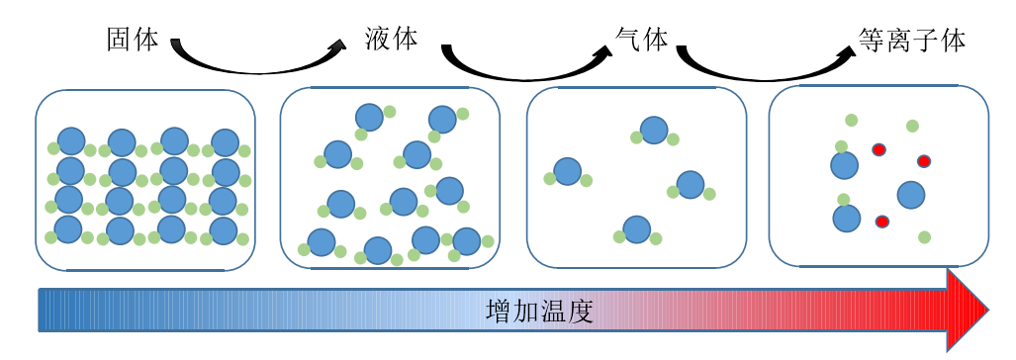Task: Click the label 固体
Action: click(x=133, y=40)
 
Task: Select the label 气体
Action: click(x=642, y=40)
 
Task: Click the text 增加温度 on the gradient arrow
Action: click(x=539, y=312)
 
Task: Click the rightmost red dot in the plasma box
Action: click(x=924, y=161)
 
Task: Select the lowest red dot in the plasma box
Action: click(x=881, y=222)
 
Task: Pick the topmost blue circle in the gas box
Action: click(x=654, y=130)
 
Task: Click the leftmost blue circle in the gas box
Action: click(x=567, y=171)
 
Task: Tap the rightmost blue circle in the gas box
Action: click(x=691, y=184)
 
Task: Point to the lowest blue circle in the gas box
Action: click(x=637, y=229)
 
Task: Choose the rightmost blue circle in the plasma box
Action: click(x=910, y=194)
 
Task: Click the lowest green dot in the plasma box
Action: click(x=924, y=237)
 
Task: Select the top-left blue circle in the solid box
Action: click(x=71, y=141)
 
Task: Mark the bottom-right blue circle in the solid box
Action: click(x=224, y=231)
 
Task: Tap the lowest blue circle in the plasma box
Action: click(x=846, y=218)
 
